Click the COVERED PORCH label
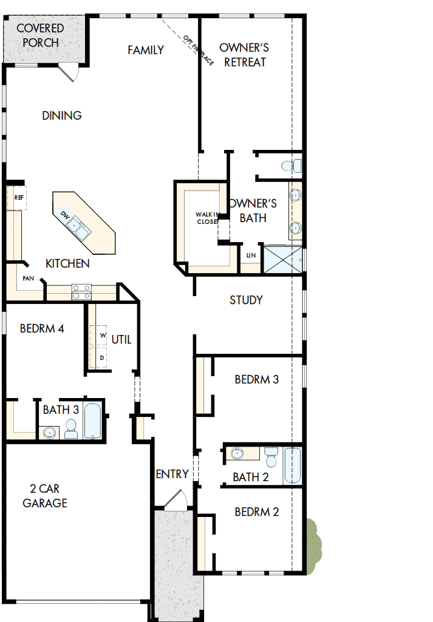pos(40,36)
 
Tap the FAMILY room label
pos(146,50)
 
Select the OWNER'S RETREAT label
pos(245,55)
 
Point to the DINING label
pos(62,115)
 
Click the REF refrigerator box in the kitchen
pos(18,198)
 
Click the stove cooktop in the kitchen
pos(81,292)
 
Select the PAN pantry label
pos(29,278)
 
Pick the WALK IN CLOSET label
pos(206,218)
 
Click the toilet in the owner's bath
pos(293,164)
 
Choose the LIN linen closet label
pos(251,255)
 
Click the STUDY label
pos(246,300)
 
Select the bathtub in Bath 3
pos(93,421)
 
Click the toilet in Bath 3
pos(71,429)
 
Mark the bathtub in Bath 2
pos(292,465)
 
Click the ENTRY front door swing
pos(175,499)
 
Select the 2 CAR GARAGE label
pos(45,496)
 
